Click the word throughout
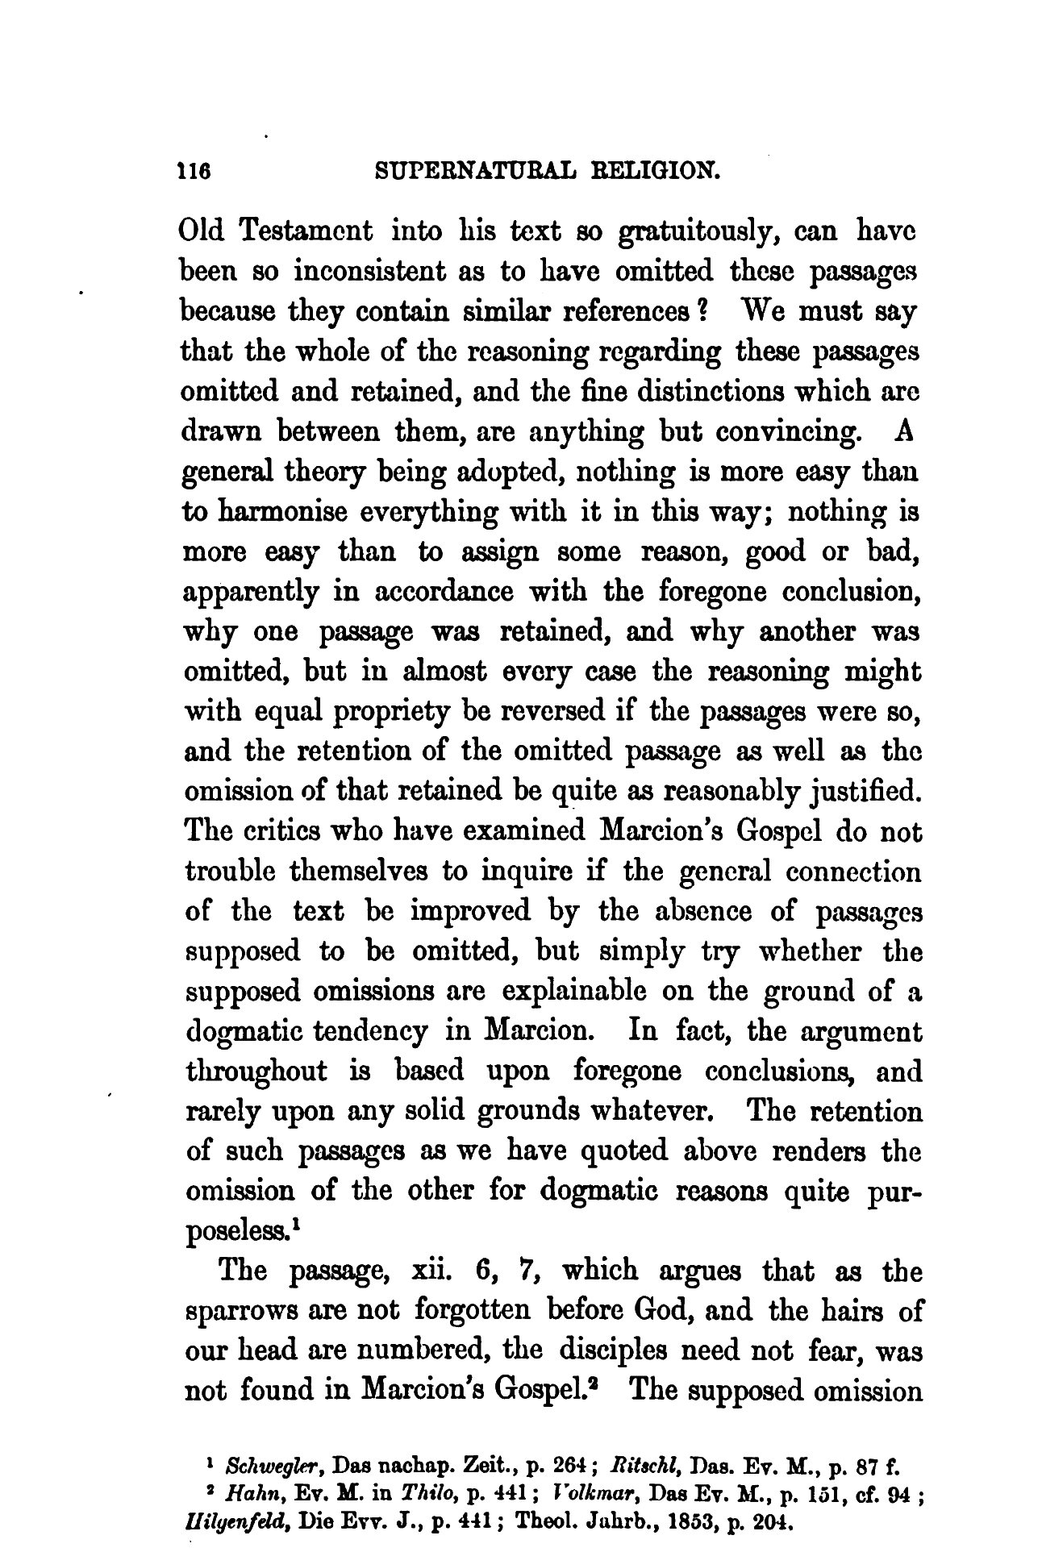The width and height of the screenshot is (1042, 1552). (260, 1071)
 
